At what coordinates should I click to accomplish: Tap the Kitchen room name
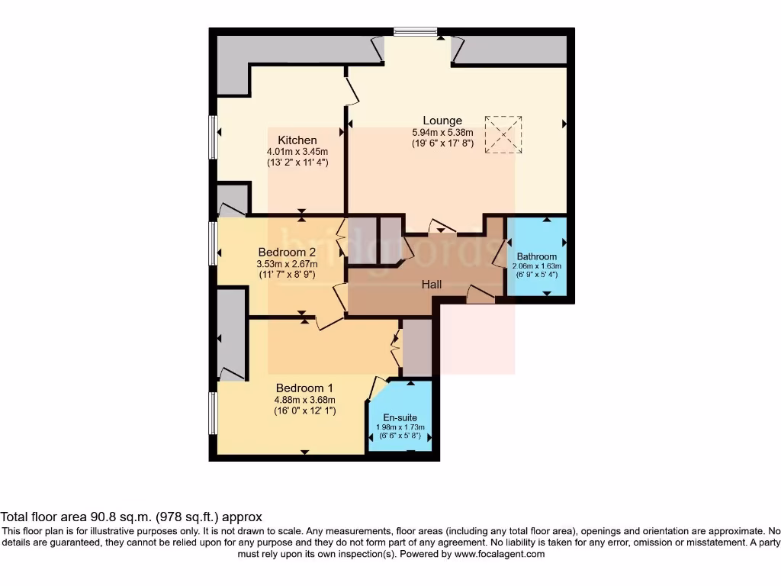click(x=297, y=140)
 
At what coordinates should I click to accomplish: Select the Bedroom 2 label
click(x=287, y=253)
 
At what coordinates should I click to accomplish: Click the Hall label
click(x=432, y=284)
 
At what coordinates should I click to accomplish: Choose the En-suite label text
click(x=400, y=417)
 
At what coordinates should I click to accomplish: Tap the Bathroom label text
click(x=537, y=256)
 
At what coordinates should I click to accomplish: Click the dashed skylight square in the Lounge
click(x=503, y=134)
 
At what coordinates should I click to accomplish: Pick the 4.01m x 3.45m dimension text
click(x=297, y=151)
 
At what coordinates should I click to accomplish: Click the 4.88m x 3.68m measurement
click(x=305, y=399)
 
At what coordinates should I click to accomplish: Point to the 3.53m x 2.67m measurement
click(x=287, y=264)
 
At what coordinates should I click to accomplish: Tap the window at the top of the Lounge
click(x=416, y=32)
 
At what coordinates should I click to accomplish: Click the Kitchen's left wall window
click(x=214, y=137)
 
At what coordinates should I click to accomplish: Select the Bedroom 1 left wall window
click(x=214, y=414)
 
